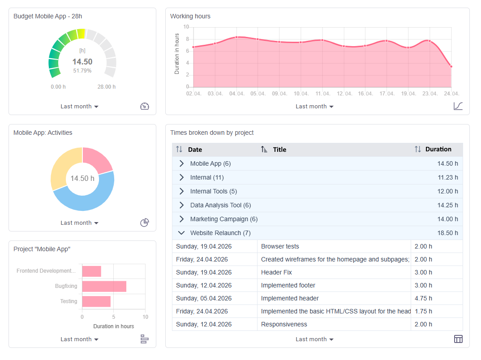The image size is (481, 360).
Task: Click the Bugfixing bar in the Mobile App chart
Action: point(104,287)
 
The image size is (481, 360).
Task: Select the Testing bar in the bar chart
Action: point(96,301)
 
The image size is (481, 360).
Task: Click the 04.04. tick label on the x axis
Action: point(237,94)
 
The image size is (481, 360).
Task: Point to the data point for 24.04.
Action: point(451,67)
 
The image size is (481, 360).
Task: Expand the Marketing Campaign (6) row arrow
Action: point(181,219)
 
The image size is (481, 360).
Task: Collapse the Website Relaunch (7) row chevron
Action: point(181,233)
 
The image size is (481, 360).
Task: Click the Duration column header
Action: point(438,150)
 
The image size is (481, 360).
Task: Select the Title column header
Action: point(279,150)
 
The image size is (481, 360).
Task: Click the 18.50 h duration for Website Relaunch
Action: point(447,233)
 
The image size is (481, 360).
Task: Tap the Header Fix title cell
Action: point(276,272)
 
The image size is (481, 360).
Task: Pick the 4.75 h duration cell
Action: point(423,298)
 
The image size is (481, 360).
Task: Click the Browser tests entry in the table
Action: point(280,246)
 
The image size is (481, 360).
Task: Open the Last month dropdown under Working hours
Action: point(314,107)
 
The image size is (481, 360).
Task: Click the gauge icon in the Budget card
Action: point(145,106)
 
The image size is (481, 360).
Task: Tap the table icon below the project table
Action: point(458,339)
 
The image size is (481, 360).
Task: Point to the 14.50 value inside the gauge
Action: point(82,62)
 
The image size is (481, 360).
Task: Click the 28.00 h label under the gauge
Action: point(107,87)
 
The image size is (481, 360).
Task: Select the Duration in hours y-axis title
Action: point(177,54)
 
